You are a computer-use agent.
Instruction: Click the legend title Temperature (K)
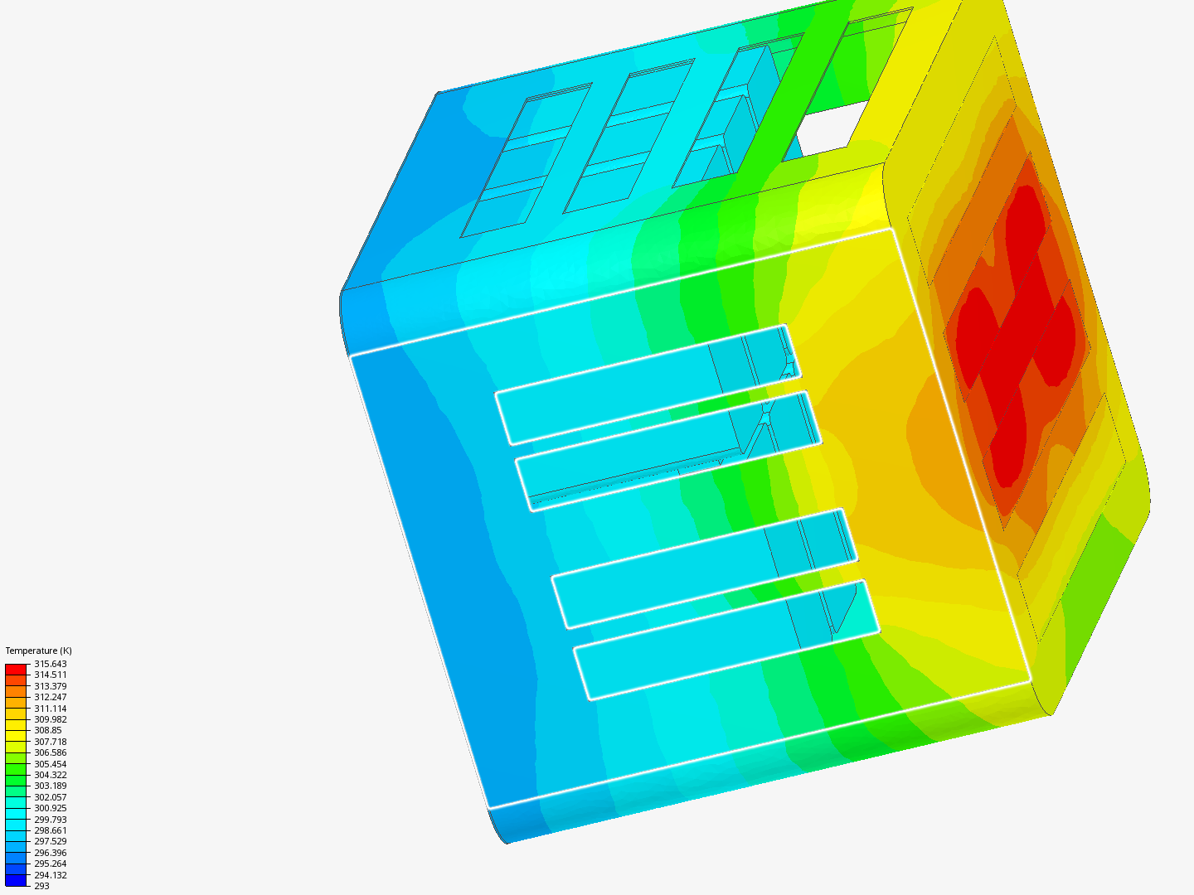pos(39,651)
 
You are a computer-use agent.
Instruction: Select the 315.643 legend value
pos(50,664)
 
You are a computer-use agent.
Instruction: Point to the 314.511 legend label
pos(50,675)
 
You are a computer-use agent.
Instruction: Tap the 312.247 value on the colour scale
pos(50,697)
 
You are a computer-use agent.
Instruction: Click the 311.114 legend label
pos(50,708)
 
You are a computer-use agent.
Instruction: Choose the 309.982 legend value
pos(50,719)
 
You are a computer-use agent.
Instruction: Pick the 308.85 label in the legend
pos(48,730)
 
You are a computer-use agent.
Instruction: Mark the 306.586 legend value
pos(50,752)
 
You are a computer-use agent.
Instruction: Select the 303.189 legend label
pos(50,786)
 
